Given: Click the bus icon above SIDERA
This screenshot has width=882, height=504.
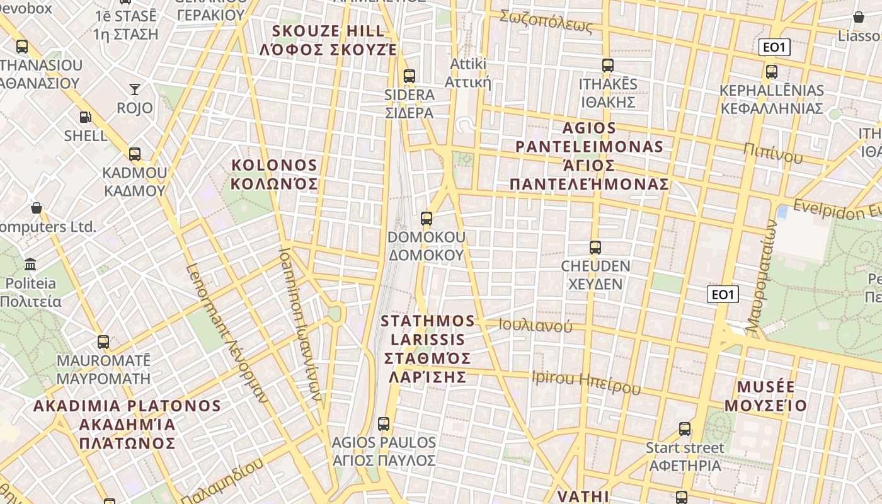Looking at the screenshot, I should [x=409, y=76].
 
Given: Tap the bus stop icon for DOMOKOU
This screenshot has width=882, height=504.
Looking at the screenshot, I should [x=427, y=219].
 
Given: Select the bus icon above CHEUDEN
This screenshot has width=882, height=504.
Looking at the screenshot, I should [x=595, y=247].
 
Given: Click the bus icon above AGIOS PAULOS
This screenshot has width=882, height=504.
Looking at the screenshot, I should [x=384, y=424].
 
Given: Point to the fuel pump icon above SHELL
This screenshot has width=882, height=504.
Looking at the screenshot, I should [x=85, y=117].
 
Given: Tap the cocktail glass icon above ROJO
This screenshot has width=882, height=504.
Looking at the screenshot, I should [x=135, y=89].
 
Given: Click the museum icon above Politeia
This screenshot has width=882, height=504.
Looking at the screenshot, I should [x=30, y=265].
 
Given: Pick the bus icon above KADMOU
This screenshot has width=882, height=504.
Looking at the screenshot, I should [x=134, y=154].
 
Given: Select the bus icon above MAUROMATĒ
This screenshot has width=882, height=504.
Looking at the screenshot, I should [x=103, y=342].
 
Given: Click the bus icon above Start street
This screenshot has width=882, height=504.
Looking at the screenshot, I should [x=685, y=429].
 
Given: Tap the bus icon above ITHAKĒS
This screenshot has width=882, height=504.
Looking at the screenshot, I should [x=608, y=66].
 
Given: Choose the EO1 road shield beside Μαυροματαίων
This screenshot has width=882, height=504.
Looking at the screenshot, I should [x=723, y=294].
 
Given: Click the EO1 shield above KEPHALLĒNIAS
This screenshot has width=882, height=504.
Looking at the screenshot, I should [x=774, y=47].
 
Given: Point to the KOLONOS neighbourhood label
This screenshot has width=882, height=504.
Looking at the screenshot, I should [x=274, y=175].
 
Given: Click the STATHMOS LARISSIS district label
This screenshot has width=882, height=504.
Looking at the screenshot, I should [x=427, y=348].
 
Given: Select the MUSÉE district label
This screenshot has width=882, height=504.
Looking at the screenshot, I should [x=765, y=396].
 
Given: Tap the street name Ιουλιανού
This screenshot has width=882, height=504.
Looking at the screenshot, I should [x=535, y=326].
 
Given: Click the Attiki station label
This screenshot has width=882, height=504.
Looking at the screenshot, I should [x=468, y=73].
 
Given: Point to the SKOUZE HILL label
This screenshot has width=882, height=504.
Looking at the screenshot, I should [x=328, y=40].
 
